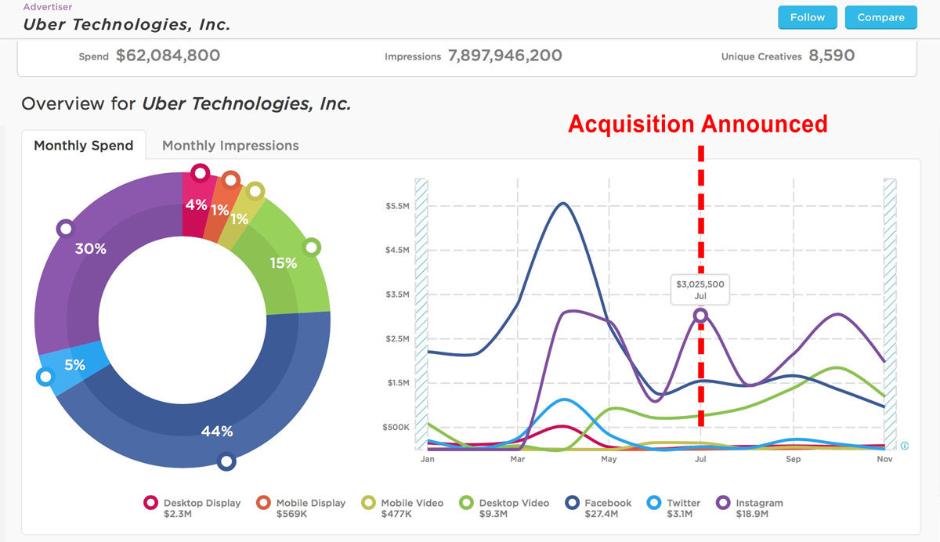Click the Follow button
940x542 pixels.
pos(807,17)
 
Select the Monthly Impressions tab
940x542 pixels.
pos(230,146)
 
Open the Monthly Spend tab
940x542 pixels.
pos(84,146)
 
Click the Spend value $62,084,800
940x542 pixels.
pos(168,56)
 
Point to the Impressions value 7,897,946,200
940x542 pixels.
pos(504,56)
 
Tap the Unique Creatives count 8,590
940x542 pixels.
pos(832,56)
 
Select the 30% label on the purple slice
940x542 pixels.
pos(90,249)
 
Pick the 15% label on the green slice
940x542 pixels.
pos(284,263)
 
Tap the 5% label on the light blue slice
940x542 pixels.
pos(74,364)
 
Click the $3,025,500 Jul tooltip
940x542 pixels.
pos(701,290)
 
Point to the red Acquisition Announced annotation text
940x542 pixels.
pos(697,125)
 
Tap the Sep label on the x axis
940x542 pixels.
pos(793,459)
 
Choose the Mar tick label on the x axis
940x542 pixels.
pos(517,459)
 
